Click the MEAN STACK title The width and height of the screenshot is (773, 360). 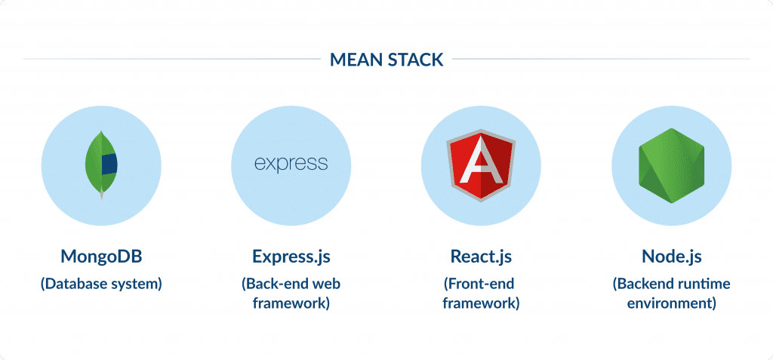click(x=386, y=59)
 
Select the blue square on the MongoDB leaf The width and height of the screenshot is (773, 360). click(x=109, y=162)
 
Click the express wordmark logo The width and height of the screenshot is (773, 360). click(x=291, y=163)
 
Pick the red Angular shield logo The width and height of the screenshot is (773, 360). click(x=481, y=163)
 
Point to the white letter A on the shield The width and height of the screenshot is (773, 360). click(x=481, y=165)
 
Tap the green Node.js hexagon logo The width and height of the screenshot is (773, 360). click(x=671, y=163)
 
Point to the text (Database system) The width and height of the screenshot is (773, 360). click(x=101, y=285)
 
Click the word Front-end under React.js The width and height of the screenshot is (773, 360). click(x=481, y=285)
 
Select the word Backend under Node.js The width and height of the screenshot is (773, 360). click(x=644, y=285)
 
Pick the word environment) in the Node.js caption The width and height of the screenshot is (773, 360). click(x=671, y=304)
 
